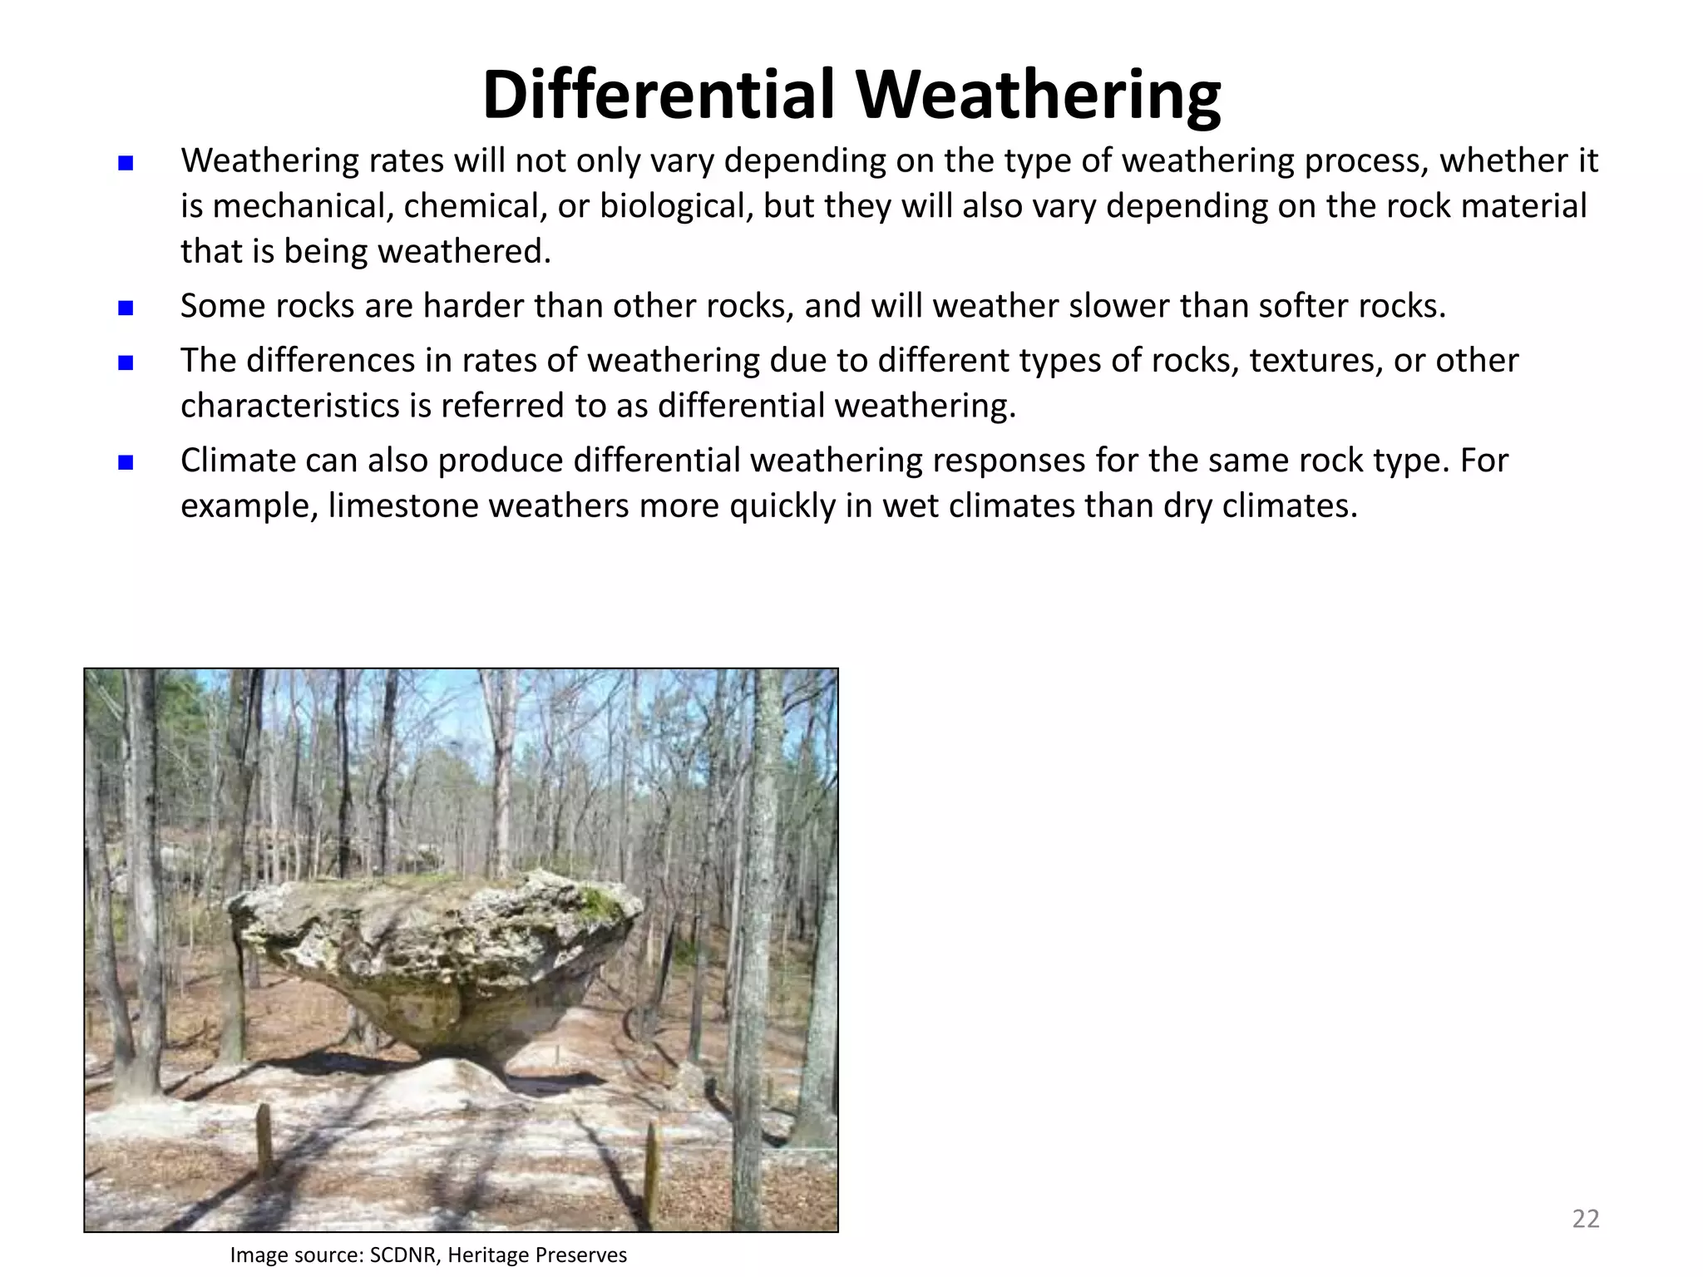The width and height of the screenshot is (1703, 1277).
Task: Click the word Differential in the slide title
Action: pos(658,96)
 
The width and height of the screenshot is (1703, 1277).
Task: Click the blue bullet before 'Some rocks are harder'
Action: pos(126,308)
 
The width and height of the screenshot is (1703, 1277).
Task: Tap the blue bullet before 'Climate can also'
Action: pos(126,462)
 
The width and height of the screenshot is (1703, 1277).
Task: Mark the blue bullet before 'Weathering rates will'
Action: pos(126,163)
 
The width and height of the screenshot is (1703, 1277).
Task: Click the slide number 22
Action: pos(1586,1219)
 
